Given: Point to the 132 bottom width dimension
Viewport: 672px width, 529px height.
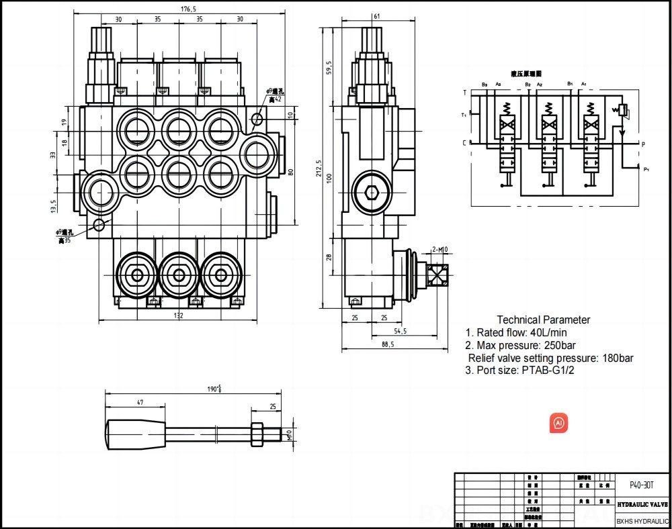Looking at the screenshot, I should (x=178, y=316).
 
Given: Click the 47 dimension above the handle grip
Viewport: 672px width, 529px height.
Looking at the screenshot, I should (x=140, y=402).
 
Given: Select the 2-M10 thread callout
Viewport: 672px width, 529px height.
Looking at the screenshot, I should (x=439, y=250).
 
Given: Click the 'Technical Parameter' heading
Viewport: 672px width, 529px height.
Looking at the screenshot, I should (x=543, y=320).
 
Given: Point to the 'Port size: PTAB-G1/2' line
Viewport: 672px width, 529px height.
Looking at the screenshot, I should (x=521, y=370).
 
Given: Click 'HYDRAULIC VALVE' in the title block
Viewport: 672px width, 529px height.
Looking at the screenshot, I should (x=642, y=503).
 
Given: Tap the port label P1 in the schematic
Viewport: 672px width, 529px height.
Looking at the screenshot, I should (x=646, y=169).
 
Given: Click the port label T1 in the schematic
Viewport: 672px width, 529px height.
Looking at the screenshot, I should (x=464, y=115).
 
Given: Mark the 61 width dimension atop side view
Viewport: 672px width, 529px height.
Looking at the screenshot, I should (x=377, y=15).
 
